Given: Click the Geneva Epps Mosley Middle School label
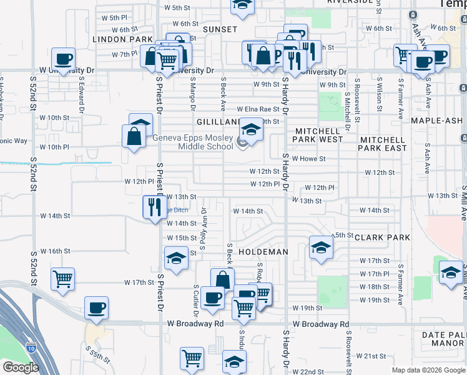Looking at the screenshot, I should (192, 142).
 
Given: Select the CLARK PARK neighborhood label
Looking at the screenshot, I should (382, 237).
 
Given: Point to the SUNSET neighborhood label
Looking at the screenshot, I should (220, 29).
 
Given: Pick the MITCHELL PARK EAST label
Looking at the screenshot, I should (383, 144).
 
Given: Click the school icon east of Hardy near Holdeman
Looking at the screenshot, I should (321, 247).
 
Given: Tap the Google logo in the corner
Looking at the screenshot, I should (20, 367).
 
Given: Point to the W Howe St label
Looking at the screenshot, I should (308, 159).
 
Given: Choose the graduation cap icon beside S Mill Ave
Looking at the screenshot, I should (451, 272).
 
